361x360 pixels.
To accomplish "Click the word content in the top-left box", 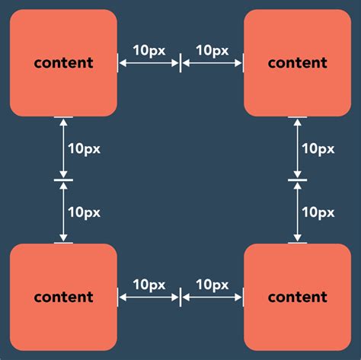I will click(63, 63).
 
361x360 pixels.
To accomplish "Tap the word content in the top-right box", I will click(297, 63).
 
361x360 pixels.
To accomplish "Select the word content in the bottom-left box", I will click(63, 297).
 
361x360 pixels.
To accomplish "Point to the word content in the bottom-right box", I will click(297, 297).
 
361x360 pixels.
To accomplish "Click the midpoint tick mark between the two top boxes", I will click(180, 64).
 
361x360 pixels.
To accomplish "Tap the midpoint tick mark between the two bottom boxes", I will click(180, 298).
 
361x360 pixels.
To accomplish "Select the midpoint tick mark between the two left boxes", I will click(63, 180).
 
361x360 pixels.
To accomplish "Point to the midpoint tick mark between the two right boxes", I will click(298, 180).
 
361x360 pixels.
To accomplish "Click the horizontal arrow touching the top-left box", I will click(149, 64).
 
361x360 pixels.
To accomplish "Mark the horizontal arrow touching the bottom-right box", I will click(212, 298).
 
